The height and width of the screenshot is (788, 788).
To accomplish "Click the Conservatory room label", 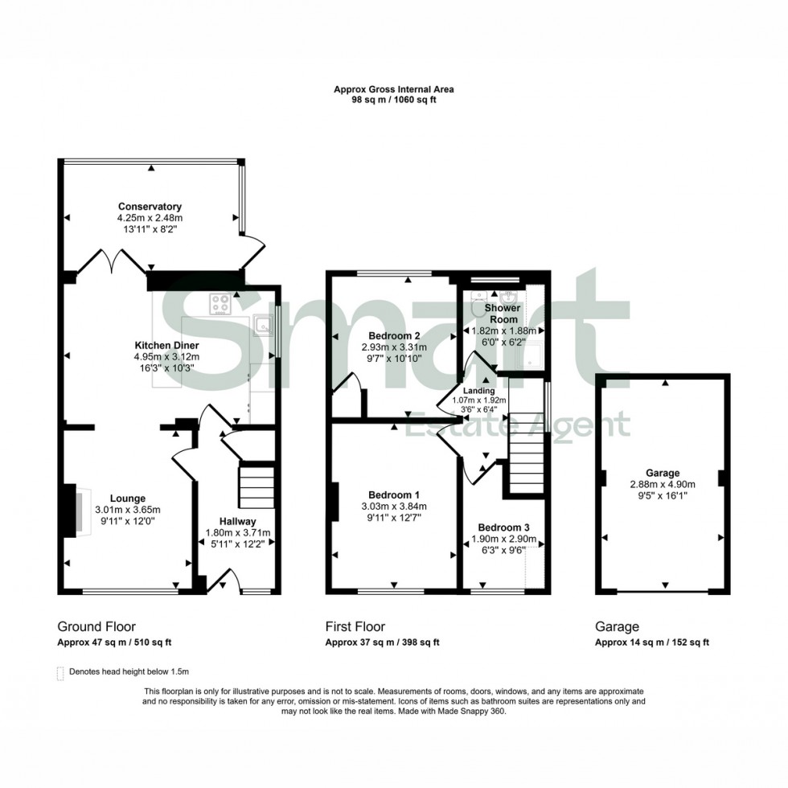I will (x=150, y=207).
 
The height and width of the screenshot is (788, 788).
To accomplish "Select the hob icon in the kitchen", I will (x=220, y=304).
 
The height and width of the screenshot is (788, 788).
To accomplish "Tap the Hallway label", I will (x=236, y=522).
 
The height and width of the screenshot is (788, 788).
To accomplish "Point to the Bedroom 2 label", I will (x=395, y=335).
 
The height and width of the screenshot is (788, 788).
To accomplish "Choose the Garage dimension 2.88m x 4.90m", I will (x=664, y=484).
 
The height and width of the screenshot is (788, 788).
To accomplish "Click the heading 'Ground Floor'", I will (x=96, y=626).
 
